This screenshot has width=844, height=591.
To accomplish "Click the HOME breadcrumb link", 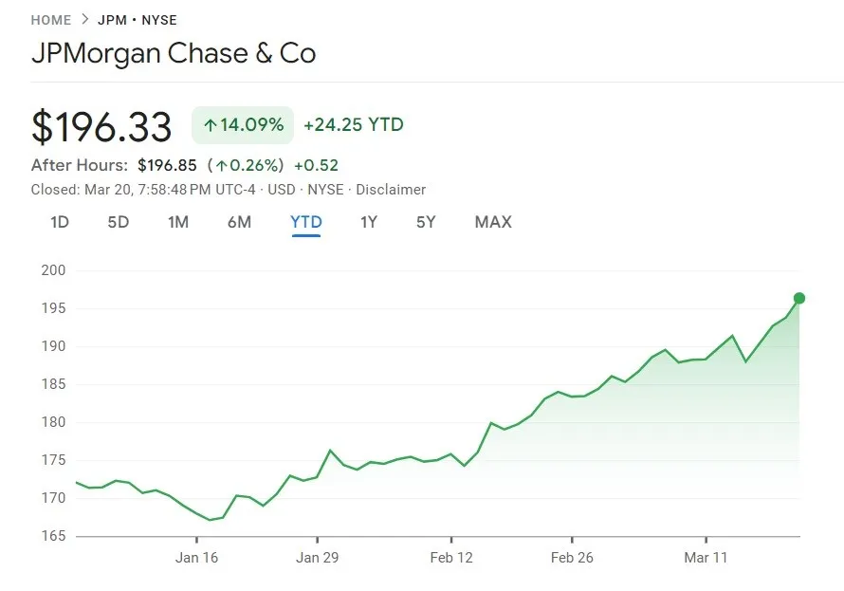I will pyautogui.click(x=51, y=20).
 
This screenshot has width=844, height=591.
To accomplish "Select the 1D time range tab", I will pyautogui.click(x=60, y=222).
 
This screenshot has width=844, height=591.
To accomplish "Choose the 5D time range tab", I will pyautogui.click(x=118, y=222).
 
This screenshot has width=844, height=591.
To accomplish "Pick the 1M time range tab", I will pyautogui.click(x=178, y=222).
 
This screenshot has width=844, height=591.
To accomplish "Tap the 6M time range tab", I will pyautogui.click(x=239, y=222).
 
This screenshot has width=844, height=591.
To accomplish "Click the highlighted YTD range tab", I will pyautogui.click(x=306, y=222).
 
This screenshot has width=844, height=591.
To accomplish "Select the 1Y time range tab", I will pyautogui.click(x=369, y=222).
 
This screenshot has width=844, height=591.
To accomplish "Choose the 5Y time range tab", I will pyautogui.click(x=426, y=222).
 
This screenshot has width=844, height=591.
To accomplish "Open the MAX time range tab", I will pyautogui.click(x=493, y=222).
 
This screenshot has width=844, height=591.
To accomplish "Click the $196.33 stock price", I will pyautogui.click(x=101, y=127).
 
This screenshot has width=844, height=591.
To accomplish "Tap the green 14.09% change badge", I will pyautogui.click(x=243, y=124).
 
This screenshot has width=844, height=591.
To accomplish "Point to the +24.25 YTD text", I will pyautogui.click(x=354, y=124).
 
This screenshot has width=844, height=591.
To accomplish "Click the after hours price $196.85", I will pyautogui.click(x=167, y=165).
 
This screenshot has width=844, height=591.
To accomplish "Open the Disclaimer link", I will pyautogui.click(x=391, y=190).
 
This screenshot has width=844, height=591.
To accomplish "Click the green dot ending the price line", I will pyautogui.click(x=799, y=298).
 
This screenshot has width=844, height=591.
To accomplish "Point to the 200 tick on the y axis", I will pyautogui.click(x=53, y=270).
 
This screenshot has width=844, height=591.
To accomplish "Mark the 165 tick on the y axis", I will pyautogui.click(x=53, y=536).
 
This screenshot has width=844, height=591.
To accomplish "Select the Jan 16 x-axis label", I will pyautogui.click(x=196, y=558).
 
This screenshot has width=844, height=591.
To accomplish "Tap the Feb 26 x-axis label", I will pyautogui.click(x=572, y=558).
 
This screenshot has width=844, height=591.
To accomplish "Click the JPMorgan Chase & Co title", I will pyautogui.click(x=174, y=53).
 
